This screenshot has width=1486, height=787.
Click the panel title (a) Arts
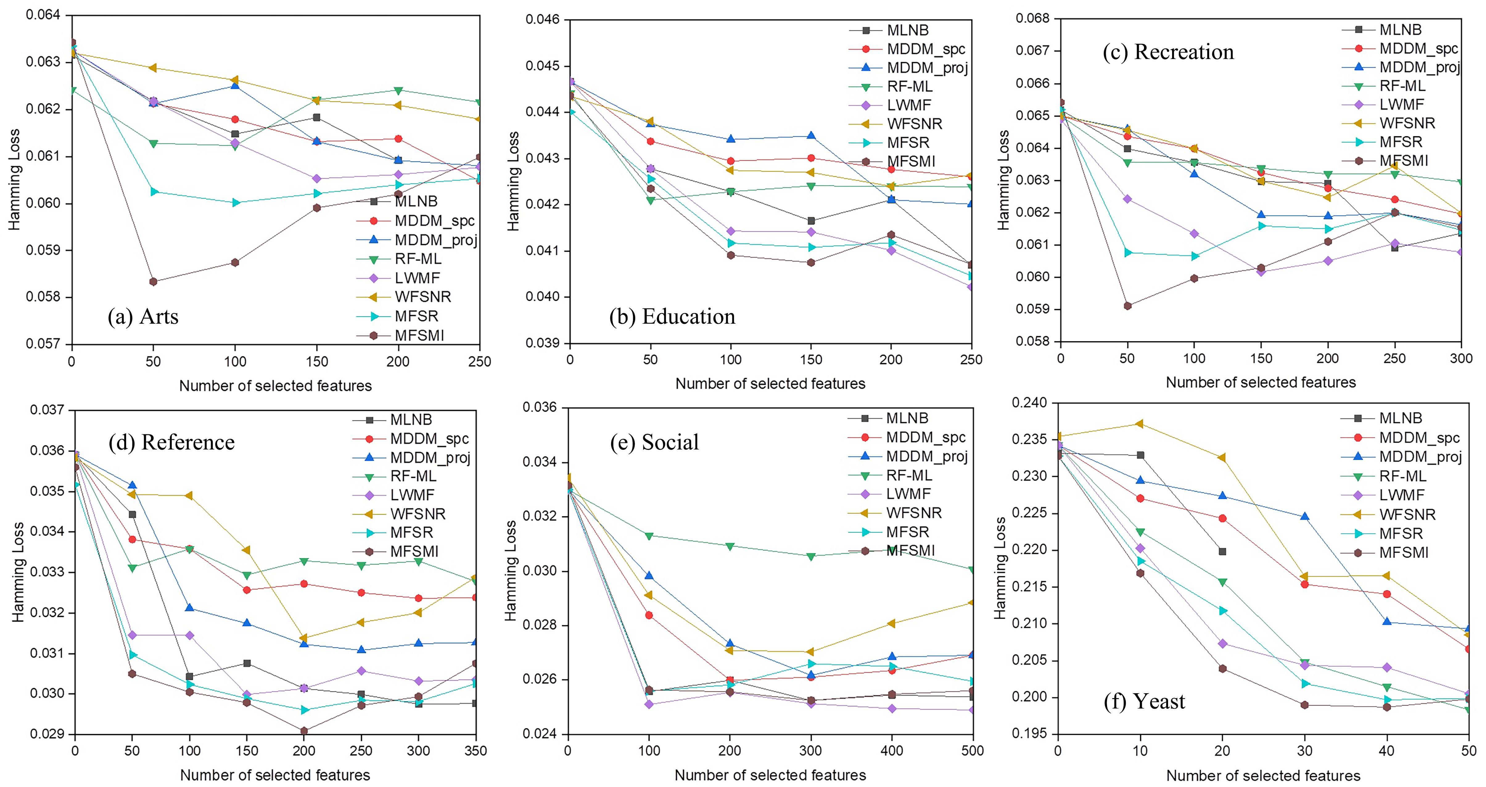143,317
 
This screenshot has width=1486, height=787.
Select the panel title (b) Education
672,317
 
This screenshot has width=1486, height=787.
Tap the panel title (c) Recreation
1168,52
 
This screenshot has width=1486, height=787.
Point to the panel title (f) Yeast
1144,702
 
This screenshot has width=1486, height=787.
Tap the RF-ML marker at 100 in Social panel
649,536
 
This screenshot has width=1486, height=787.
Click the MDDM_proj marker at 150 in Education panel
811,136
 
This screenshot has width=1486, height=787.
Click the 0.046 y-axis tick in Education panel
543,20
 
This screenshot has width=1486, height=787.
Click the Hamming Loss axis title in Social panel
511,571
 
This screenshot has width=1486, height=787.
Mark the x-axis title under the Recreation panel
1261,383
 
